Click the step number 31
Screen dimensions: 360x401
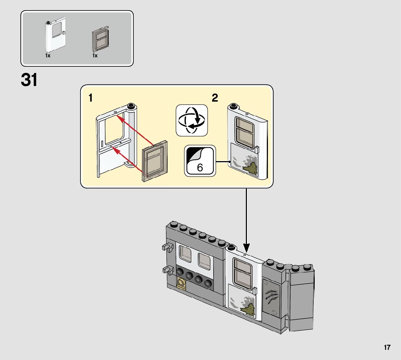[x=29, y=81]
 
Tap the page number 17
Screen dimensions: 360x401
[x=387, y=348]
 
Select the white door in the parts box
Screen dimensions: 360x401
[x=54, y=37]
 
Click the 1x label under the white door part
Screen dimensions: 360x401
[x=48, y=56]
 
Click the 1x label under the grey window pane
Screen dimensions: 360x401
[x=95, y=56]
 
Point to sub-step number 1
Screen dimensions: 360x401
[x=91, y=98]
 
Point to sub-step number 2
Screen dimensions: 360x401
[x=215, y=98]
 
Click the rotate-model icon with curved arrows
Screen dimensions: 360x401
[x=192, y=120]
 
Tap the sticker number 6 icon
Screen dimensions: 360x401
[x=200, y=161]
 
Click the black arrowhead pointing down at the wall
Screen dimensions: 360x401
[x=246, y=249]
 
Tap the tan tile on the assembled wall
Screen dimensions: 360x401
[x=181, y=284]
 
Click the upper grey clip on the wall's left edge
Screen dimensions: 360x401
[x=167, y=248]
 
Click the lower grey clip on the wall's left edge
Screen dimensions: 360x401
[x=168, y=270]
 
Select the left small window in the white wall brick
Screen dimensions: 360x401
[x=185, y=254]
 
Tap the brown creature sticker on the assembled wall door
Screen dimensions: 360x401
[x=248, y=308]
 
